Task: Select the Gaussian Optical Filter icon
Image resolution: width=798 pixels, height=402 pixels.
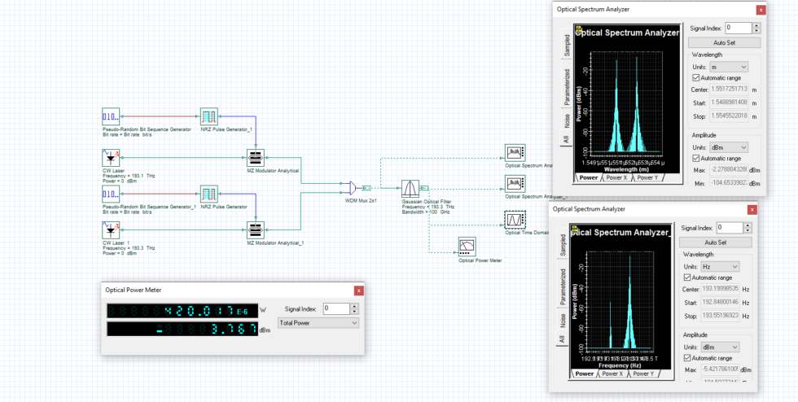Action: (x=410, y=188)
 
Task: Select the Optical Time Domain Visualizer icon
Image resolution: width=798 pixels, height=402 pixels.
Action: (x=514, y=221)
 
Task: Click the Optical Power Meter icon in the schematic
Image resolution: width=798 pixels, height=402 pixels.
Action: (x=467, y=246)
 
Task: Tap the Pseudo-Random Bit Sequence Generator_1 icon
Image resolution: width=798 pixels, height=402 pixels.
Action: (x=112, y=194)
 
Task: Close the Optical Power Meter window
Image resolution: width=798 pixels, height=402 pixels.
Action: (x=358, y=291)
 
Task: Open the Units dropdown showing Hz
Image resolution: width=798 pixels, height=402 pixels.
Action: (x=722, y=266)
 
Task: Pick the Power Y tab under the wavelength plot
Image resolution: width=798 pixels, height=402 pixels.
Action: (x=647, y=177)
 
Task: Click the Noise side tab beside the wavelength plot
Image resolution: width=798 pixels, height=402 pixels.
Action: (x=565, y=120)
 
